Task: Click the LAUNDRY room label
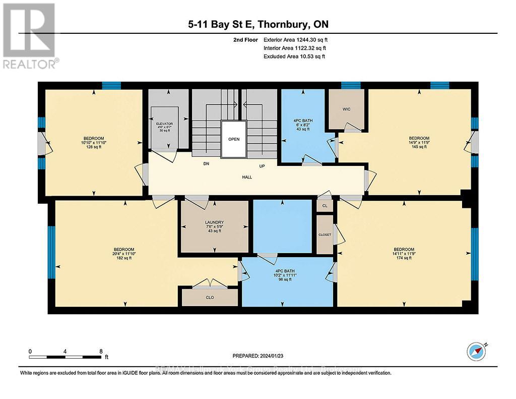coord(214,222)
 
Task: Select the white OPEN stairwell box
coord(233,139)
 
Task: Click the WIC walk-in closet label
coord(346,108)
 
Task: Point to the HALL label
coord(246,177)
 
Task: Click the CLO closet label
coord(210,298)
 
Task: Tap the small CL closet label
coord(325,206)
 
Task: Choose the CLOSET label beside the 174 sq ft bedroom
coord(325,235)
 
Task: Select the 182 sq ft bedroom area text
coord(123,258)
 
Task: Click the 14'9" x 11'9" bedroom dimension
coord(419,143)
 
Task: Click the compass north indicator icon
coord(476,351)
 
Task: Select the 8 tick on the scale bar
coord(101,352)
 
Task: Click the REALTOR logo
coord(31,36)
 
